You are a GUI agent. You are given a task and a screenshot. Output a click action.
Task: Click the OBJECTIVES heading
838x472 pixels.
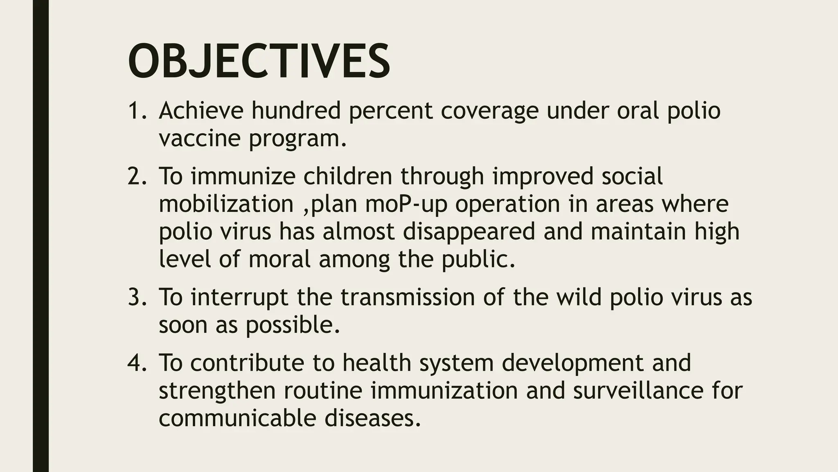tap(259, 61)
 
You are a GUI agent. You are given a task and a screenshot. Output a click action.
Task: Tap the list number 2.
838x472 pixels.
tap(137, 176)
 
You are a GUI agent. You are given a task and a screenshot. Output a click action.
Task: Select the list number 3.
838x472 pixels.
tap(137, 297)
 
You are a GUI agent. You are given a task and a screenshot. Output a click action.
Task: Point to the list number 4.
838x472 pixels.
tap(137, 363)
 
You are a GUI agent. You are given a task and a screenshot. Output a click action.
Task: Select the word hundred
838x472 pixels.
tap(296, 111)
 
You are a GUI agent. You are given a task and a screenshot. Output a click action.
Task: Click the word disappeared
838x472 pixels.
tap(469, 231)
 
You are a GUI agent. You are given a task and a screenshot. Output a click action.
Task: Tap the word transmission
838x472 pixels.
tap(408, 297)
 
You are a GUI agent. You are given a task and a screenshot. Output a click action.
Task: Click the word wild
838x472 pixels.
tap(579, 297)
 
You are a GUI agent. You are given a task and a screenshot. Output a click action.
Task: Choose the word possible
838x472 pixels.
tap(293, 325)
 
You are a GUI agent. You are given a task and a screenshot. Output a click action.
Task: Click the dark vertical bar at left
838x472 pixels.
tap(41, 236)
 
